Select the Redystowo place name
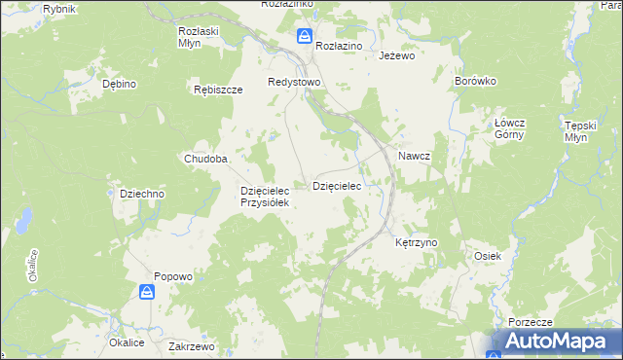[x=294, y=83]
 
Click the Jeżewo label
[x=396, y=56]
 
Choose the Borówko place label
[x=476, y=82]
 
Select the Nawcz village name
[x=414, y=156]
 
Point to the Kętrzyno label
[x=418, y=241]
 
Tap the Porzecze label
[x=531, y=322]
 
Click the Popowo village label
[x=172, y=276]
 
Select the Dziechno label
[x=142, y=194]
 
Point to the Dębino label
[x=119, y=85]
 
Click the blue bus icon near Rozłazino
[x=305, y=37]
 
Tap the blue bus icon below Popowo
[x=146, y=292]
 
